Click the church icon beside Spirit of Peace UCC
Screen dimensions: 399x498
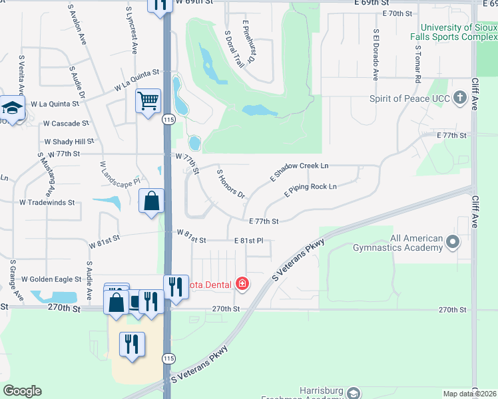tap(459, 98)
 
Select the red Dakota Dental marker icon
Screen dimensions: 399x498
tap(242, 285)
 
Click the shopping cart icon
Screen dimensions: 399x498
tap(148, 101)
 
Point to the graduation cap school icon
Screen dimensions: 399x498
tap(11, 108)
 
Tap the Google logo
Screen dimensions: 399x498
tap(22, 391)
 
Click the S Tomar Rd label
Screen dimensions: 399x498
tap(417, 64)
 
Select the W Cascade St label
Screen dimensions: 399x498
tap(66, 124)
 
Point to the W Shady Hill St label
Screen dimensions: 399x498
tap(69, 142)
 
